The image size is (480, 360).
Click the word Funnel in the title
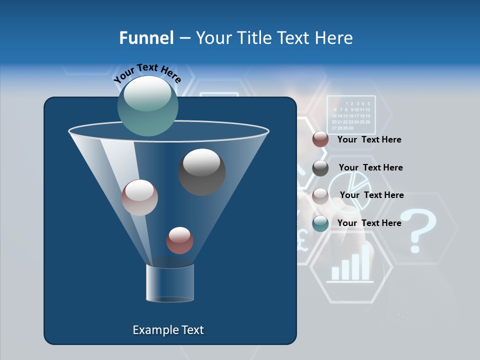pyautogui.click(x=146, y=38)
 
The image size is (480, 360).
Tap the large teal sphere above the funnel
pyautogui.click(x=148, y=105)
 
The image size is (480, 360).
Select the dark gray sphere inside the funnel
pyautogui.click(x=201, y=172)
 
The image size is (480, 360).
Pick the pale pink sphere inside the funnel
pyautogui.click(x=139, y=197)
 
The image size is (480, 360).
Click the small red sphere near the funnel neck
pyautogui.click(x=179, y=240)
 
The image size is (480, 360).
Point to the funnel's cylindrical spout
pyautogui.click(x=169, y=283)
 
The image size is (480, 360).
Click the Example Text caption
pyautogui.click(x=168, y=330)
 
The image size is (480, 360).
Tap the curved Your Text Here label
pyautogui.click(x=147, y=72)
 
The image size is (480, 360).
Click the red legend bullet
pyautogui.click(x=320, y=139)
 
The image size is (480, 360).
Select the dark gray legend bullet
pyautogui.click(x=320, y=168)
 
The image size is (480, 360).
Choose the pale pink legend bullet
pyautogui.click(x=320, y=196)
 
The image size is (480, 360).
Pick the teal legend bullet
pyautogui.click(x=320, y=223)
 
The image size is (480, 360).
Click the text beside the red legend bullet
pyautogui.click(x=369, y=140)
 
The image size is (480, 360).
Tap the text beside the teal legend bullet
pyautogui.click(x=369, y=223)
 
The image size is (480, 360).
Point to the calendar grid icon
pyautogui.click(x=351, y=114)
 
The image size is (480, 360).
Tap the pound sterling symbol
pyautogui.click(x=301, y=239)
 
